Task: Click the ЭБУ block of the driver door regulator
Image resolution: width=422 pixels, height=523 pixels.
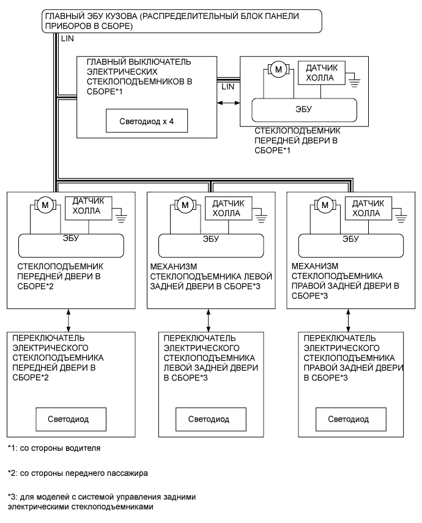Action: click(304, 112)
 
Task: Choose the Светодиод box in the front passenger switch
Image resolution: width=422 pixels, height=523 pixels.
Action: click(70, 420)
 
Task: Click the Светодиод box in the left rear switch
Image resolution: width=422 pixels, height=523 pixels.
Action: click(209, 420)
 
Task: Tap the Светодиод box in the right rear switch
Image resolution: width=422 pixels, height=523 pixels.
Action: click(349, 420)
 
